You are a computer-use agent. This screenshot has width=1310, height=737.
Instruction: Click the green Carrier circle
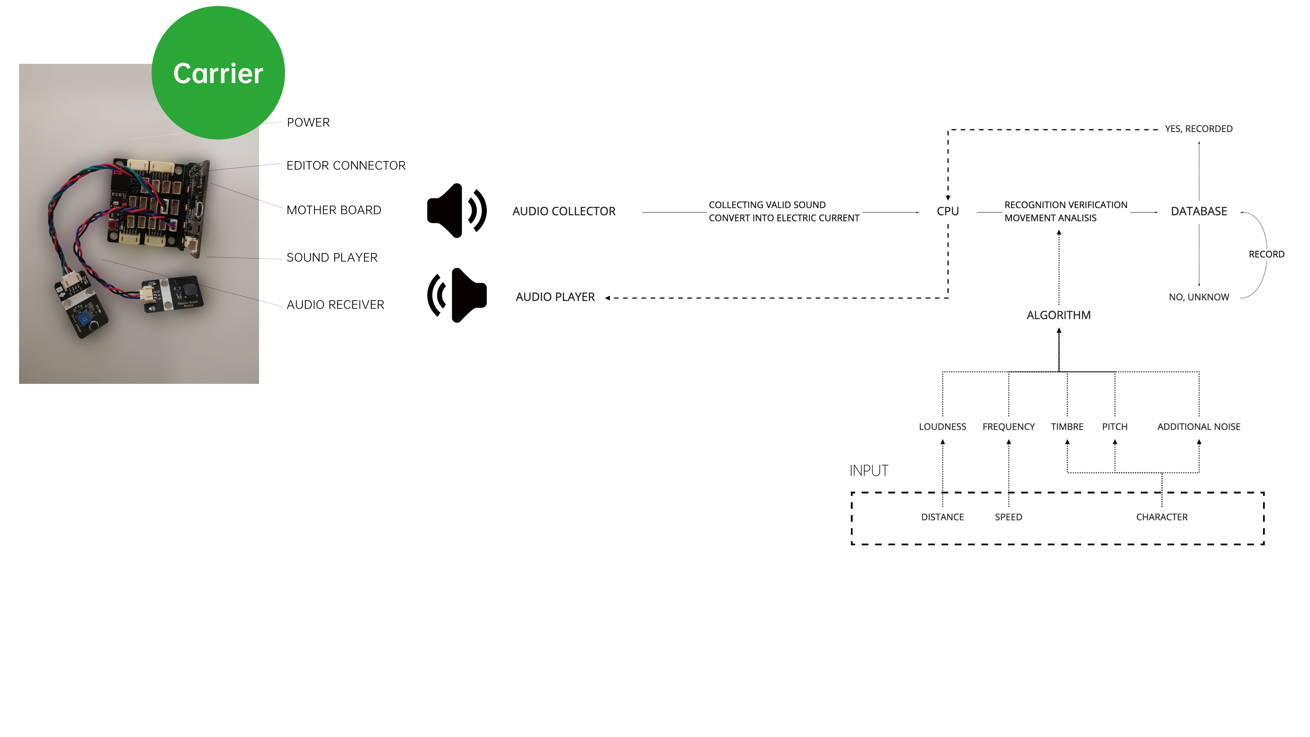coord(218,73)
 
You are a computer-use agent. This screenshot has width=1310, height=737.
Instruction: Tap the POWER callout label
coord(308,123)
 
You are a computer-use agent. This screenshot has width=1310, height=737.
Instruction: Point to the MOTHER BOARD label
coord(334,210)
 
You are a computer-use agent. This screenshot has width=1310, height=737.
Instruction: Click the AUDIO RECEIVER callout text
coord(335,305)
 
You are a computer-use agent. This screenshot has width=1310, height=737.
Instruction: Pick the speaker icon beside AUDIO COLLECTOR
coord(456,211)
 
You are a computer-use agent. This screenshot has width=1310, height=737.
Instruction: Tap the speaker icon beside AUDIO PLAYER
coord(456,295)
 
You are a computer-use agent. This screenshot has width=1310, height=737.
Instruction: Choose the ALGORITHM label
coord(1058,315)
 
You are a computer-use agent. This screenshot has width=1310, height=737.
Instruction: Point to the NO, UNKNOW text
coord(1199,297)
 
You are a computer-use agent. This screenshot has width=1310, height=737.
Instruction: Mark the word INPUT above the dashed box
coord(869,471)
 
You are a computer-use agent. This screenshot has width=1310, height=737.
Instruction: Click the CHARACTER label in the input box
coord(1162,517)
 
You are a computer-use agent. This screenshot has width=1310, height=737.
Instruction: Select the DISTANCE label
coord(942,517)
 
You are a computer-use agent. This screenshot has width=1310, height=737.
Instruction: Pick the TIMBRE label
coord(1067,427)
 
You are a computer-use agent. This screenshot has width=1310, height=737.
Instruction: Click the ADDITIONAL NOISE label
coord(1199,427)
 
